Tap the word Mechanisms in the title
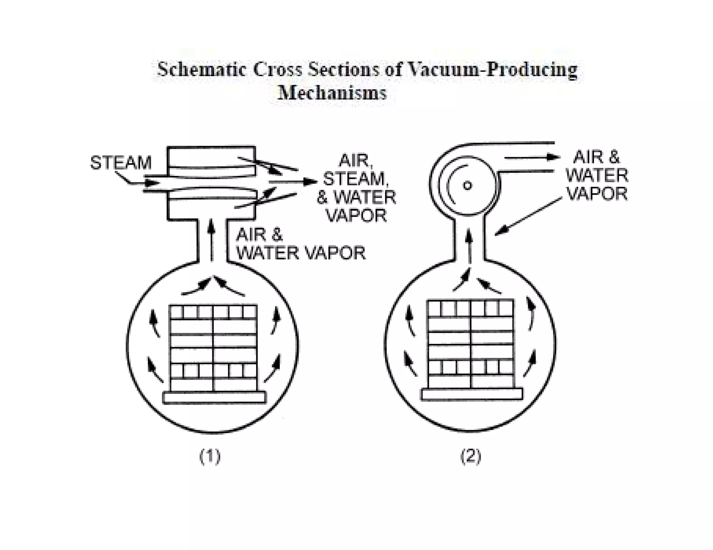[332, 93]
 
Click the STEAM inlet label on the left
[121, 163]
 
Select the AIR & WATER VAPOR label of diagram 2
[597, 176]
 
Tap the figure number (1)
[210, 456]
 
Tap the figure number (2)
[471, 456]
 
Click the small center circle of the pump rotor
[467, 185]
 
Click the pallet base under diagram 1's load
[214, 397]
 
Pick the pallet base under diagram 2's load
[472, 394]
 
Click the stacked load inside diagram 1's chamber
[213, 348]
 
